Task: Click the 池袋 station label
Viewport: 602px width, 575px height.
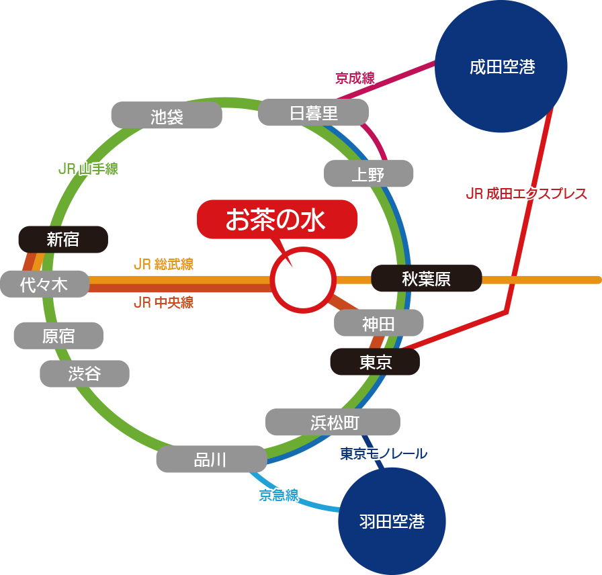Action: (166, 116)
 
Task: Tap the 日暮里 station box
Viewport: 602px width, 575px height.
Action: (313, 113)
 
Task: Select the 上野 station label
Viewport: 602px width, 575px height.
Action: (368, 174)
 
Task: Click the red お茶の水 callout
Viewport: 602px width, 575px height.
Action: (276, 220)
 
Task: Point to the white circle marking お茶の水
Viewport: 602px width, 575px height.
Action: (302, 279)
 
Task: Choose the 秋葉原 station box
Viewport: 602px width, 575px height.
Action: (426, 279)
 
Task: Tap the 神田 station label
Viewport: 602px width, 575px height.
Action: (378, 323)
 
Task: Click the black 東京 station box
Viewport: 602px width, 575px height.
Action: (375, 362)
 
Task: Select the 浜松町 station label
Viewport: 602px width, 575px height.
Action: (333, 422)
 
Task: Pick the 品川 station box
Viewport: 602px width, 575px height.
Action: (211, 459)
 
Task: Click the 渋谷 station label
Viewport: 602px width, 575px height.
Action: (84, 373)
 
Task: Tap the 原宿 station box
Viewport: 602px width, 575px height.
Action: (58, 336)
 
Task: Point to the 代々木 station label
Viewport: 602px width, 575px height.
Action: (44, 284)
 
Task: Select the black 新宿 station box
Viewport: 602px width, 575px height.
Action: (63, 239)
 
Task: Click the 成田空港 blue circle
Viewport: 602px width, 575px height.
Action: (501, 67)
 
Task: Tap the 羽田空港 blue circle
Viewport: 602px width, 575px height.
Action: (392, 521)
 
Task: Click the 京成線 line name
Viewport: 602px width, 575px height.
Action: (354, 78)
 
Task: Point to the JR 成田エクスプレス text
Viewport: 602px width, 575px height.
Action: (527, 194)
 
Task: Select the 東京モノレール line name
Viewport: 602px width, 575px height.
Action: (383, 454)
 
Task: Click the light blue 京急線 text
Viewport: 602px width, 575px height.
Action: (278, 496)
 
